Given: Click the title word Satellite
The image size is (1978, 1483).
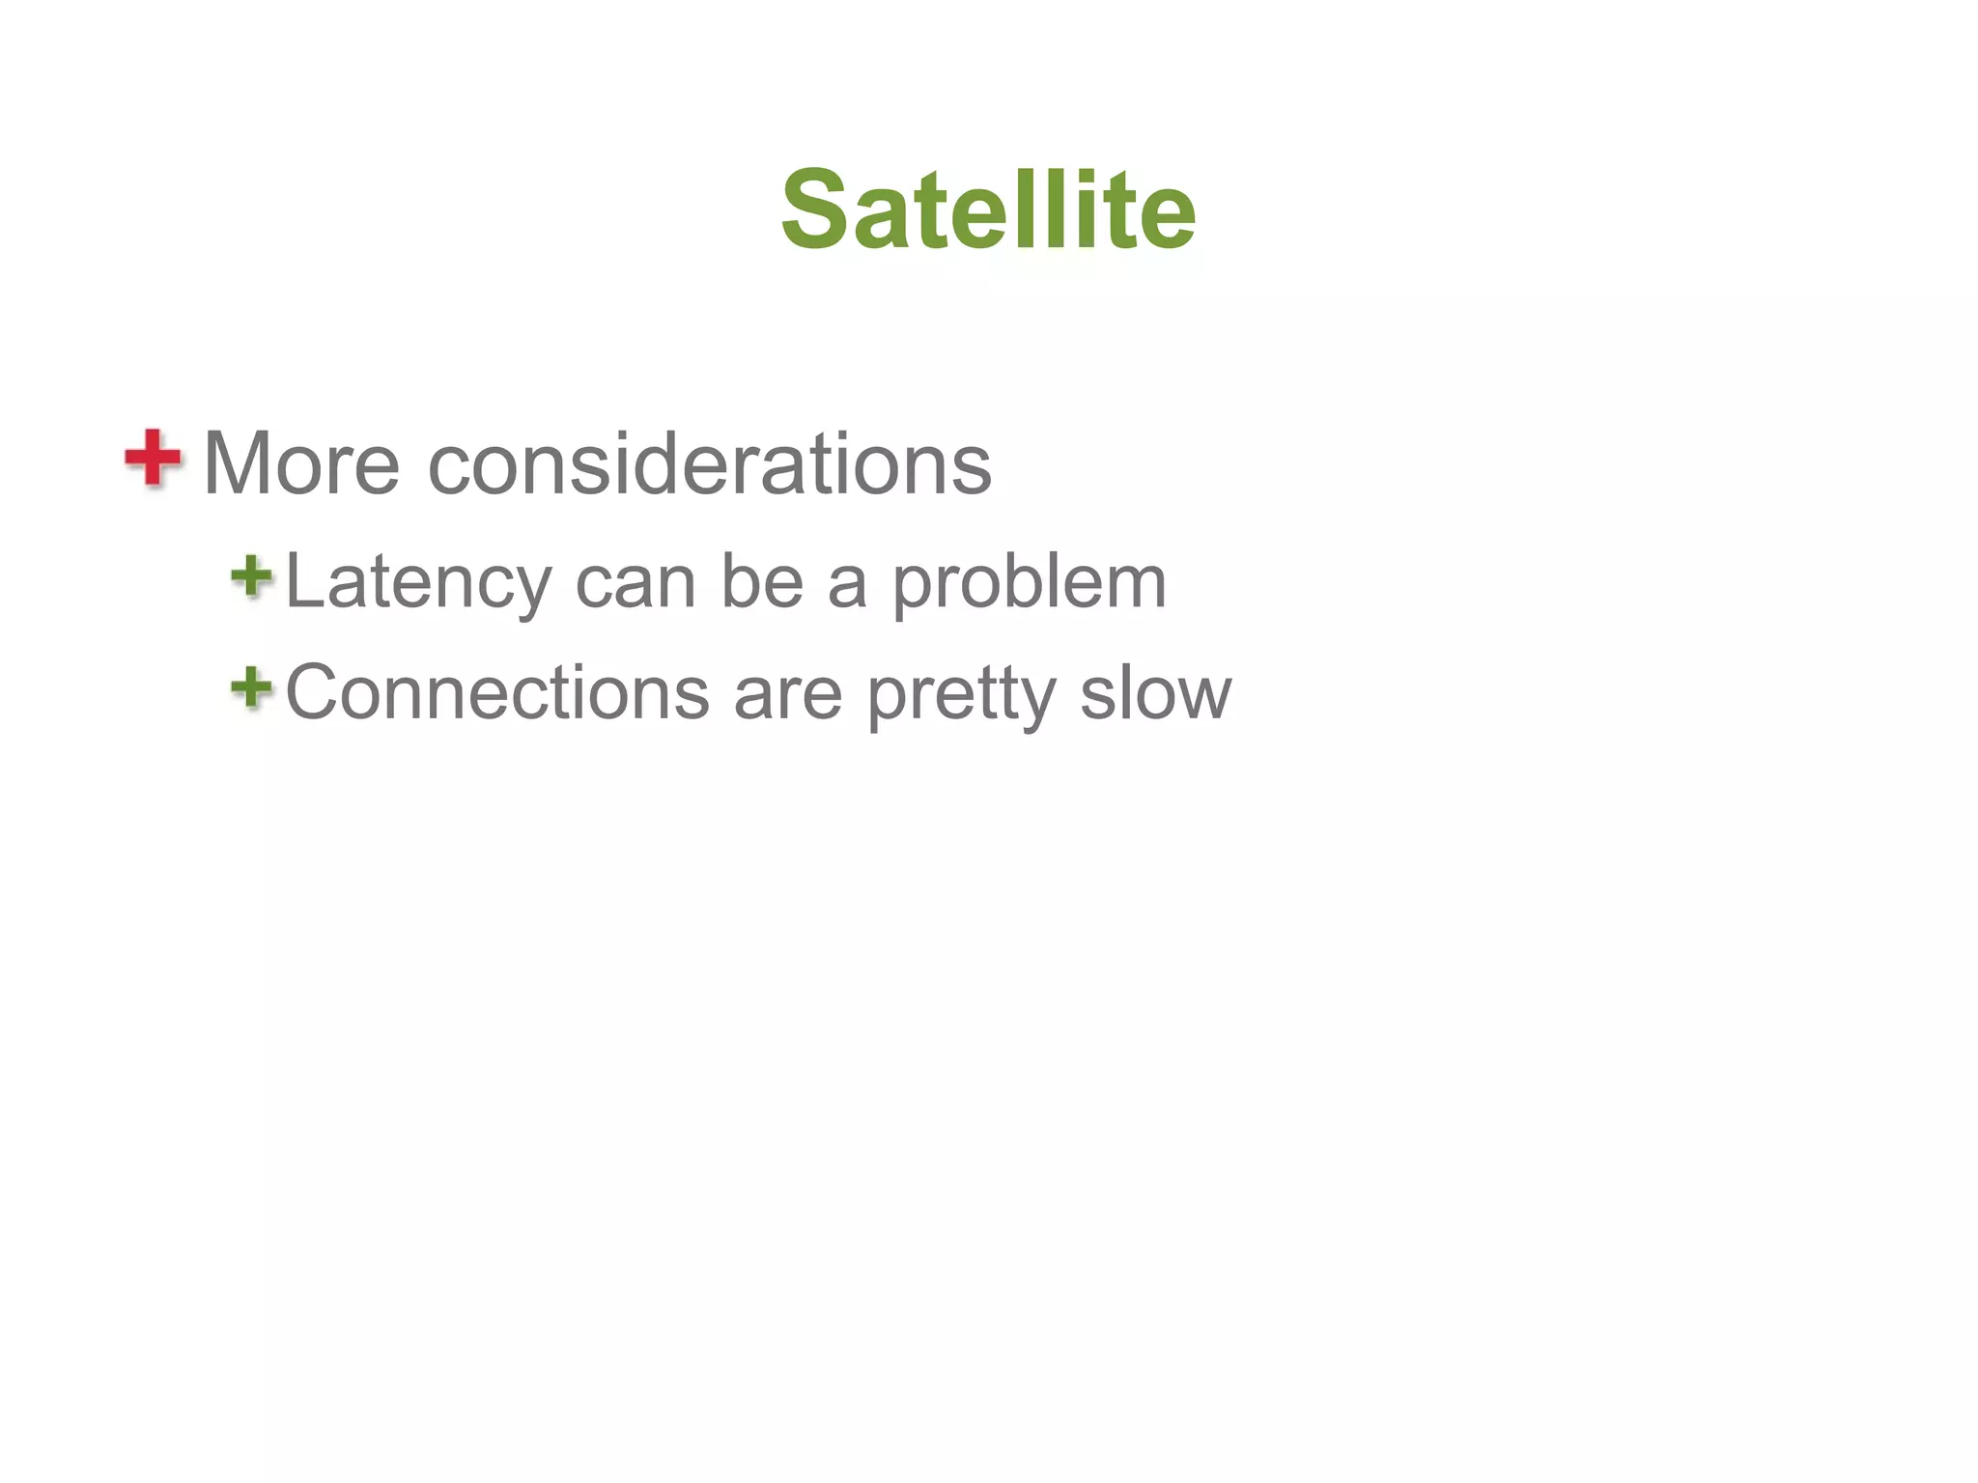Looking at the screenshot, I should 988,210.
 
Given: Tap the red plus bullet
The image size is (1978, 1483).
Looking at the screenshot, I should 153,458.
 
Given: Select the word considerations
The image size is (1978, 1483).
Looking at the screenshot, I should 709,463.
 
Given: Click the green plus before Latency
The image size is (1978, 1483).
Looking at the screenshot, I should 252,576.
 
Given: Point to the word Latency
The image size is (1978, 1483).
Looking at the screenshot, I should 418,582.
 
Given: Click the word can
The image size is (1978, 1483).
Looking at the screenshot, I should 636,583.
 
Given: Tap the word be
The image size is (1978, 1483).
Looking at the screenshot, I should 762,582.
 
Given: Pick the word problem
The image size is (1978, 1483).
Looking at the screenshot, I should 1029,584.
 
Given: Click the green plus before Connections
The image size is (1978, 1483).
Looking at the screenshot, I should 252,687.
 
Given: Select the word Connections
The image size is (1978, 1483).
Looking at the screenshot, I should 497,692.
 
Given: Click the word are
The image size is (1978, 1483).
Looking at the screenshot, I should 787,694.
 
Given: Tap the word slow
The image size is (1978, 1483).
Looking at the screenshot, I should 1155,692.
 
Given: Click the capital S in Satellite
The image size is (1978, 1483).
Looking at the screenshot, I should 816,210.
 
